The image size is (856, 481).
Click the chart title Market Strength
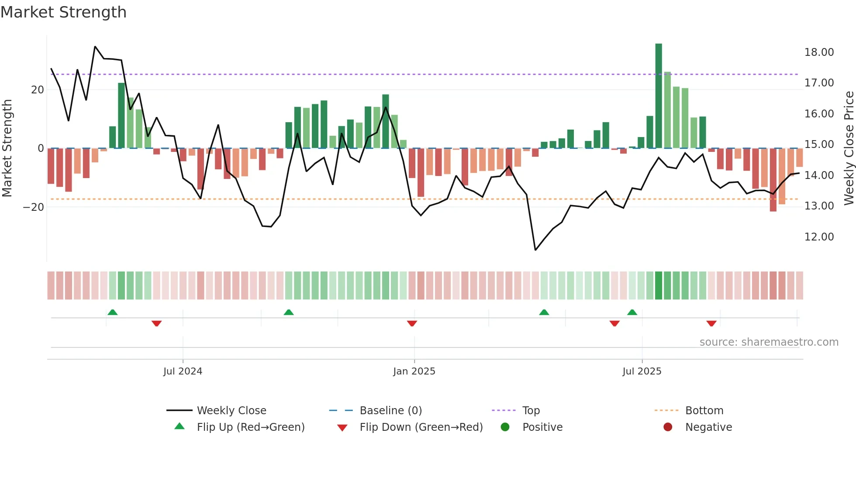pos(63,12)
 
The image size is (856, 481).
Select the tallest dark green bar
pos(659,96)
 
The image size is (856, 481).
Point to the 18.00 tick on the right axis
pos(819,52)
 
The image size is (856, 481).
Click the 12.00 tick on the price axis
pos(819,237)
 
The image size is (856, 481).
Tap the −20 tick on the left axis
pos(34,207)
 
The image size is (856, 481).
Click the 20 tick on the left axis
pos(38,90)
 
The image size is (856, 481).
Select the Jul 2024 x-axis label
pos(183,371)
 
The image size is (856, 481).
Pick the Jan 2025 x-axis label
pos(414,371)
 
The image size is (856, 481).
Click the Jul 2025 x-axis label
pos(642,371)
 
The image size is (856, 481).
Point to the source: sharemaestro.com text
pos(769,342)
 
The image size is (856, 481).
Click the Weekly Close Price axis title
pos(849,148)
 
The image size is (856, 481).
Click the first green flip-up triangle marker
pos(113,312)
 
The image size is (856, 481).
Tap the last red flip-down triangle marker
pos(711,323)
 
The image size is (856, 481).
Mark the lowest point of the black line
pos(535,250)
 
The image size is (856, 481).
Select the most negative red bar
pos(773,180)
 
